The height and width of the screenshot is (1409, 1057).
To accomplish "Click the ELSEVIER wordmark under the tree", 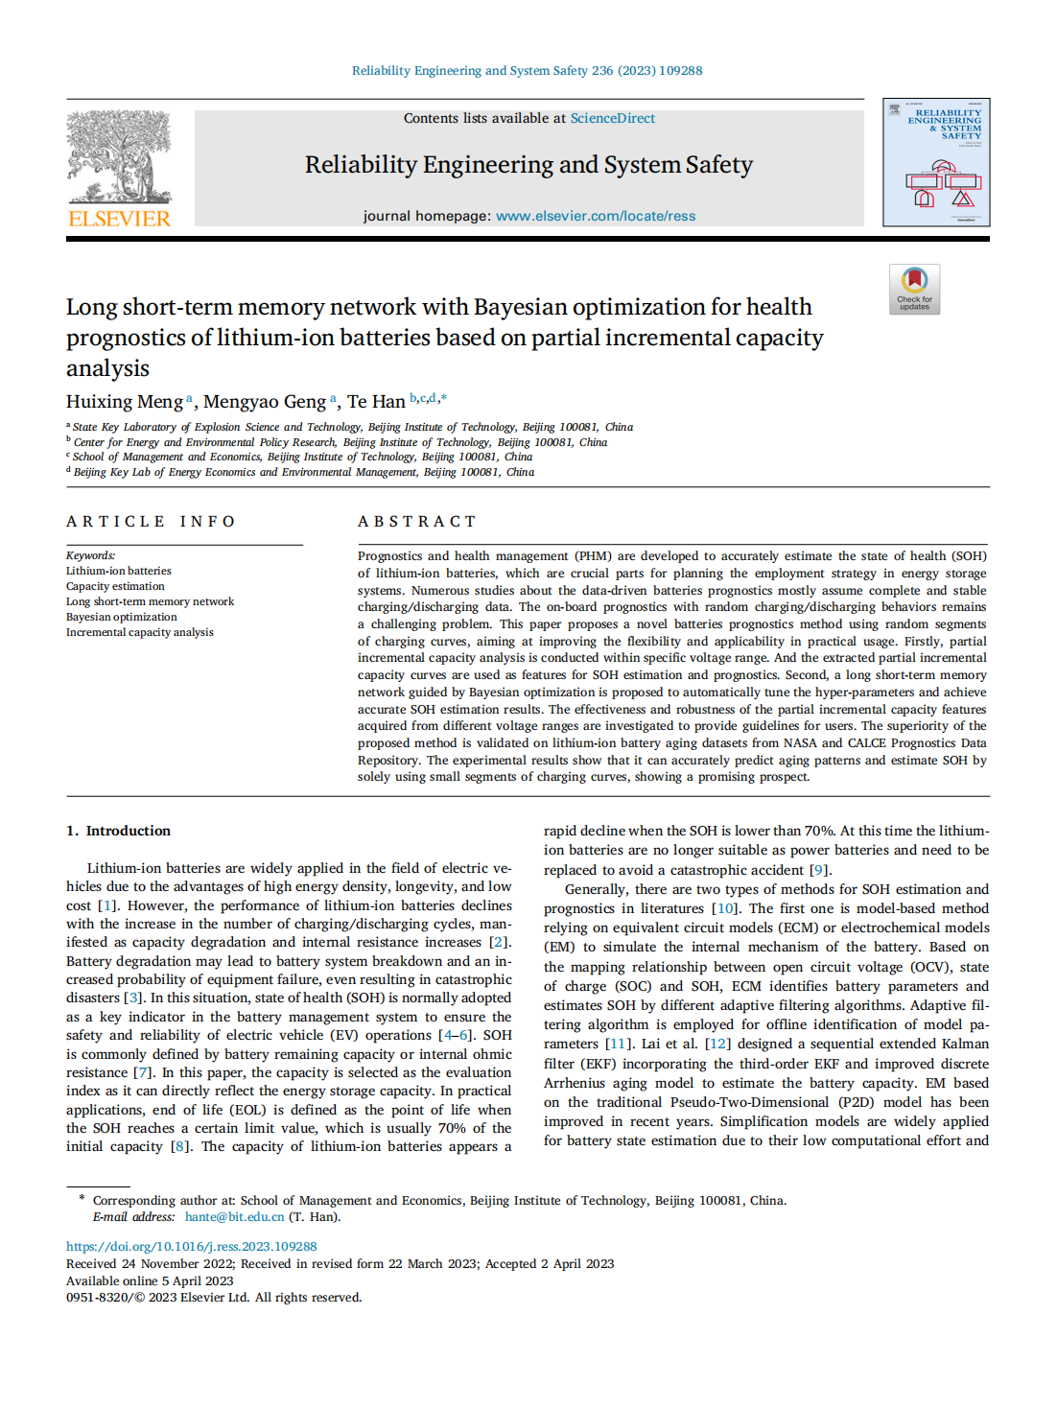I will (x=119, y=219).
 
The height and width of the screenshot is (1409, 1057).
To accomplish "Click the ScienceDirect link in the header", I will (x=612, y=118).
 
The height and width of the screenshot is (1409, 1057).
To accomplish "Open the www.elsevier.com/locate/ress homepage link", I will (x=596, y=216).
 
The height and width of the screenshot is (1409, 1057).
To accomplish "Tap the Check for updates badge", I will (x=914, y=289).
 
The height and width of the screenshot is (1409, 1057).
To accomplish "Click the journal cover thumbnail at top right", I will (x=935, y=162).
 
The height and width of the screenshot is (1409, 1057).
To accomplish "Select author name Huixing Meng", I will (x=125, y=402).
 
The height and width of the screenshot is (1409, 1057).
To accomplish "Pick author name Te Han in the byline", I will (x=376, y=402).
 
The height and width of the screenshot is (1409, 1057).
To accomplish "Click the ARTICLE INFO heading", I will (x=151, y=522).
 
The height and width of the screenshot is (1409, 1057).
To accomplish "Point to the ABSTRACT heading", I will (x=416, y=522).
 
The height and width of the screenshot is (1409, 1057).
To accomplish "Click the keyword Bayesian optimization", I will (x=121, y=617).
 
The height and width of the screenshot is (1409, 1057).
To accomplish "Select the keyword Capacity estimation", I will (x=115, y=586).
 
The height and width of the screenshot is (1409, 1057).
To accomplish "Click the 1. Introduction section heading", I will (x=118, y=831).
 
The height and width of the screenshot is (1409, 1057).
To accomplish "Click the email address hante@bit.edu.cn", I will (x=234, y=1217).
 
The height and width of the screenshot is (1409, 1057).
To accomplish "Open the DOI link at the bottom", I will (x=191, y=1247).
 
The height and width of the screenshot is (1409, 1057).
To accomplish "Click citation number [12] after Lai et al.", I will (x=717, y=1044).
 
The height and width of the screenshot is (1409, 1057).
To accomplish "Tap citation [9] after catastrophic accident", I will (x=819, y=870).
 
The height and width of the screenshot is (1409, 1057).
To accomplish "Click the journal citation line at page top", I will (x=527, y=70).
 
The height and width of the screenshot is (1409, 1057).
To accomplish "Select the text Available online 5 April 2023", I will (x=150, y=1280).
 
